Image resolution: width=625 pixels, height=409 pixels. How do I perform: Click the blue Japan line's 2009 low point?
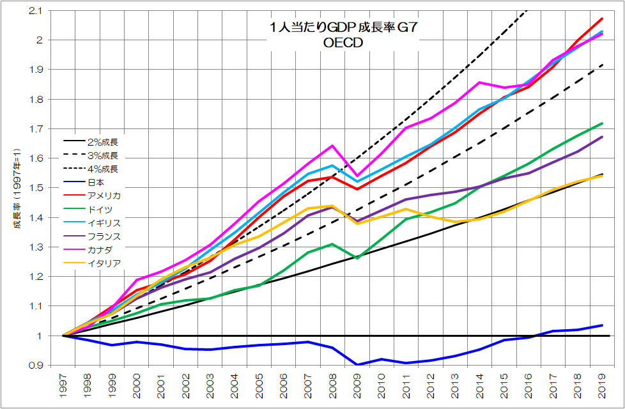[x=357, y=364]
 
